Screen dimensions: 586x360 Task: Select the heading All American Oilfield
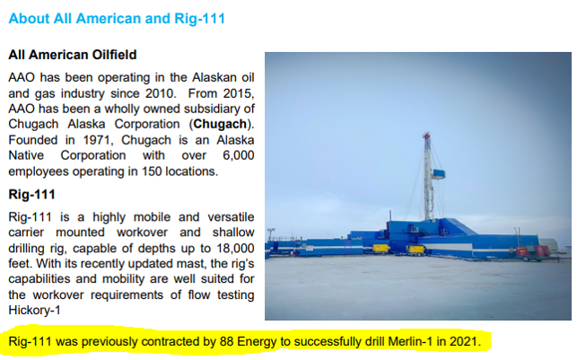pos(73,55)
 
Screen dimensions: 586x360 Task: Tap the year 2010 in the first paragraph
pos(161,93)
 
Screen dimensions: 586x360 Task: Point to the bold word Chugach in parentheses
pos(220,124)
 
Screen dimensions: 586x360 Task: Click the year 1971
pos(96,140)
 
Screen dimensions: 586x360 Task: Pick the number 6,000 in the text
pos(239,155)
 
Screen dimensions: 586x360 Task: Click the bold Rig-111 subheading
pos(31,195)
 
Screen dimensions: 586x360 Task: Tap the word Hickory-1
pos(34,310)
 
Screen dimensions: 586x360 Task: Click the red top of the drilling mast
pos(426,135)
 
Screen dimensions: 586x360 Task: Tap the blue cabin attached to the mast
pos(439,174)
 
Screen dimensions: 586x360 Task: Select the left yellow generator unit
pos(381,248)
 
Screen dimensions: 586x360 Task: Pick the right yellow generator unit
pos(415,250)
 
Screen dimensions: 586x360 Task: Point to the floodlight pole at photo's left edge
pos(271,237)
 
